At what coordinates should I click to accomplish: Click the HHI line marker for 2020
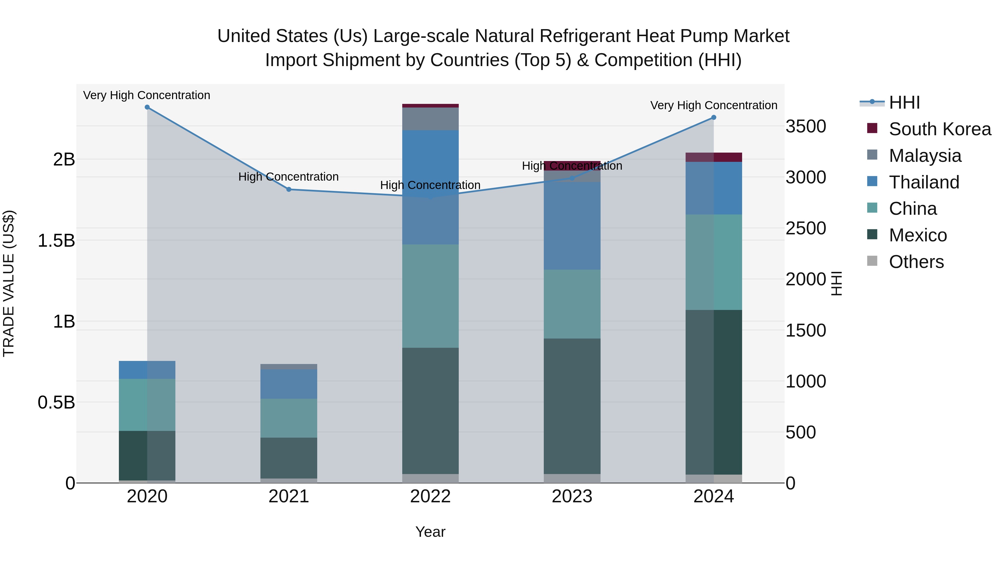[147, 107]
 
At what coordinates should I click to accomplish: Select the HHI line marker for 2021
[289, 189]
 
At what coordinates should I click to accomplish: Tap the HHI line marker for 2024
[713, 117]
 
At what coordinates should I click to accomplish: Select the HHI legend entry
[904, 102]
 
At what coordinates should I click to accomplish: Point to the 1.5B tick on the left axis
[56, 241]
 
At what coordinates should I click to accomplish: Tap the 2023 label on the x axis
[572, 496]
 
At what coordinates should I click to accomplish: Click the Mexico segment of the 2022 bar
[430, 411]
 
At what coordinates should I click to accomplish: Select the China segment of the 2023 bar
[572, 304]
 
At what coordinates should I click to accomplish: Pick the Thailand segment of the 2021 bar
[289, 384]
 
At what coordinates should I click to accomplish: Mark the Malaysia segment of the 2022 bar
[430, 119]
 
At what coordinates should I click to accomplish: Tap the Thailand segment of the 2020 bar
[147, 370]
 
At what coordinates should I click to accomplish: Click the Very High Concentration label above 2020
[147, 95]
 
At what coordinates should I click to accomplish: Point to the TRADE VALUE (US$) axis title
[9, 283]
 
